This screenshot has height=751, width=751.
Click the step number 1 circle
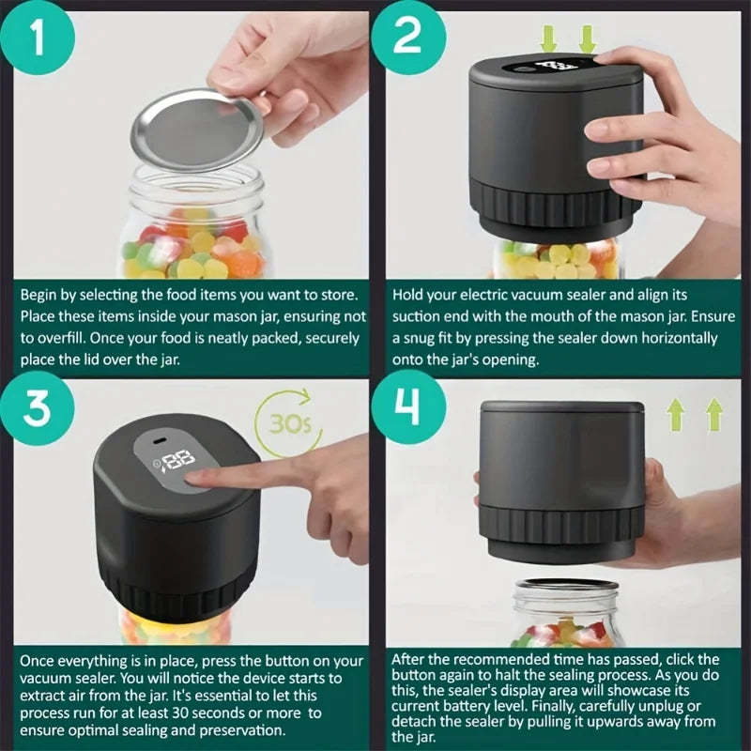(x=38, y=38)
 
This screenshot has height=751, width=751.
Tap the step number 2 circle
(x=411, y=38)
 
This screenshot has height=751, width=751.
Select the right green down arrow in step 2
(x=588, y=38)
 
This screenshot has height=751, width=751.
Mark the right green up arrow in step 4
(x=713, y=414)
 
